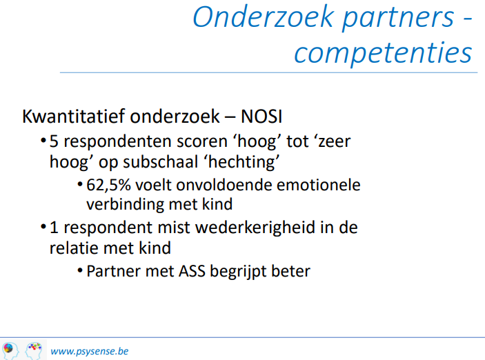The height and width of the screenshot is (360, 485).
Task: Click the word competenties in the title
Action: click(383, 53)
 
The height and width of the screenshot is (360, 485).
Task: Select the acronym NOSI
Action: click(261, 117)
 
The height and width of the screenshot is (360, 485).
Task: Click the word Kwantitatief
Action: click(74, 117)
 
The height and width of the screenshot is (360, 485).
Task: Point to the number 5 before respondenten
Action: click(54, 141)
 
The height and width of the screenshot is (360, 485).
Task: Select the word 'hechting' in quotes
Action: click(244, 162)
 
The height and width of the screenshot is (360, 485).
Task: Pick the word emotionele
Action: click(318, 185)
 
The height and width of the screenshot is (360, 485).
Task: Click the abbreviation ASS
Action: click(192, 271)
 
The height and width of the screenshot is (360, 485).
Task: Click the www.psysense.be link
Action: click(90, 351)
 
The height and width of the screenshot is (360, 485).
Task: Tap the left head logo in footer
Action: click(10, 351)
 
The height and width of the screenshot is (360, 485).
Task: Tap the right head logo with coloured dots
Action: click(34, 351)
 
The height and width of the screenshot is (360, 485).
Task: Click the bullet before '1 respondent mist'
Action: click(43, 228)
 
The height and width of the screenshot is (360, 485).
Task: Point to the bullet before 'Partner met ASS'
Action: click(80, 271)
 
